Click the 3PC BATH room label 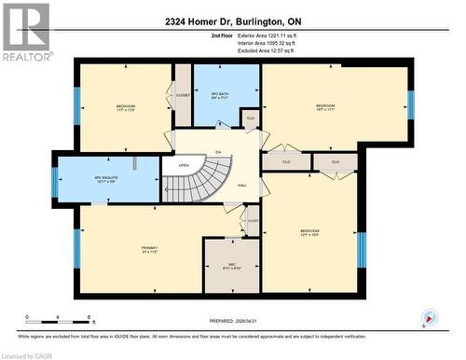pyautogui.click(x=220, y=94)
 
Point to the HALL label pyautogui.click(x=242, y=186)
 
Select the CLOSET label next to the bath pyautogui.click(x=183, y=94)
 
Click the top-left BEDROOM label pyautogui.click(x=126, y=108)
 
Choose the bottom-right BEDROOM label pyautogui.click(x=310, y=232)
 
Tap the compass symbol pyautogui.click(x=428, y=317)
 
